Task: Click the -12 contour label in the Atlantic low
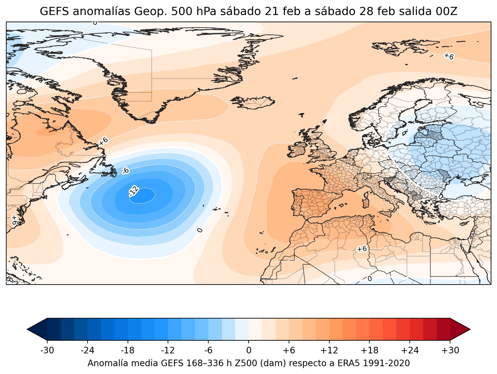pos(134,191)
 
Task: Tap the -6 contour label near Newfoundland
pos(125,171)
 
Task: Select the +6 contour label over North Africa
pos(362,249)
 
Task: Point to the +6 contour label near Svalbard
pos(449,56)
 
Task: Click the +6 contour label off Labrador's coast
pos(104,141)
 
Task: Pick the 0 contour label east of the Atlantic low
pos(200,230)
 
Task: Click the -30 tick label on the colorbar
pos(47,351)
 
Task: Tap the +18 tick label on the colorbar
pos(370,351)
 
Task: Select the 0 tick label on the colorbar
pos(249,351)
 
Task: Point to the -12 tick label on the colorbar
pos(168,351)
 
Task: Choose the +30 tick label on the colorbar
pos(450,351)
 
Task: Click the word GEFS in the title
pos(52,12)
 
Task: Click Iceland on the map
pos(253,102)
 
